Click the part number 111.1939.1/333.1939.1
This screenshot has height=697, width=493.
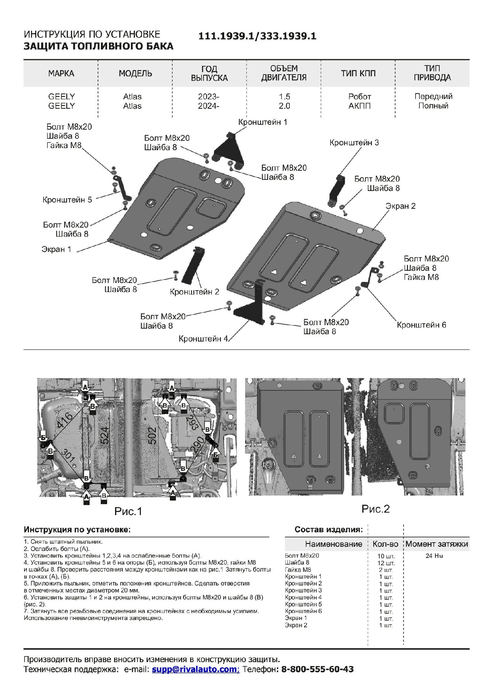257,36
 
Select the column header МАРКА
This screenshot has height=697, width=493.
61,74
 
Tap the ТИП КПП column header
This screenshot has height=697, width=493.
358,74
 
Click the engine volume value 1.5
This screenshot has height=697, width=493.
284,97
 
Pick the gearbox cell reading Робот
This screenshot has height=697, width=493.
359,97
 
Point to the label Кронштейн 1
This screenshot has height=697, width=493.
263,122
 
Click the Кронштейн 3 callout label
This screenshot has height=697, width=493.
354,143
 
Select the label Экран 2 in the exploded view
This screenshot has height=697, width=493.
400,206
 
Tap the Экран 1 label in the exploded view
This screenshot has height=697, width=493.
56,249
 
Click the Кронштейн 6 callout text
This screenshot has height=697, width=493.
421,325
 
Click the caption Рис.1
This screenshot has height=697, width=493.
128,511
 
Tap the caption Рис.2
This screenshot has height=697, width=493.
375,509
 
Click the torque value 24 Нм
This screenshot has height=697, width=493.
434,556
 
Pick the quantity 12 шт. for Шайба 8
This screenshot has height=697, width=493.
386,563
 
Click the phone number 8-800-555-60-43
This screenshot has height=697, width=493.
317,669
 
